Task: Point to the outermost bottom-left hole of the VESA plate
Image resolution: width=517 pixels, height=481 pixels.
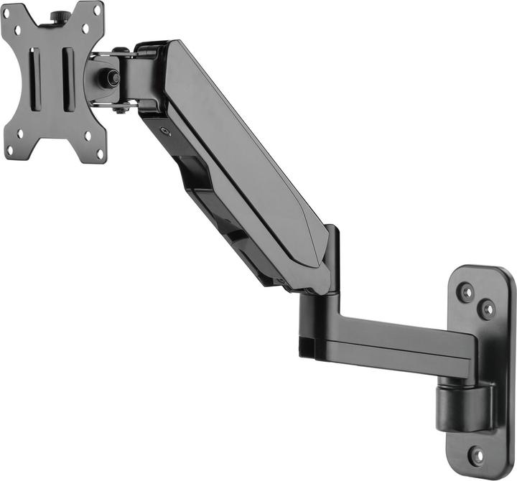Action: click(x=10, y=150)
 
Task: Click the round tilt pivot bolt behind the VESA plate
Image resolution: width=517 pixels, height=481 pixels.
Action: click(x=113, y=78)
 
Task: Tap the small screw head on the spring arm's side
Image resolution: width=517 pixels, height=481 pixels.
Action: click(x=164, y=131)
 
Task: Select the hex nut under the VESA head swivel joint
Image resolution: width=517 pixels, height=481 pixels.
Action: click(x=120, y=108)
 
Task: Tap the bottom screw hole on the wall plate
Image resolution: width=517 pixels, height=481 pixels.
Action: click(x=475, y=454)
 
